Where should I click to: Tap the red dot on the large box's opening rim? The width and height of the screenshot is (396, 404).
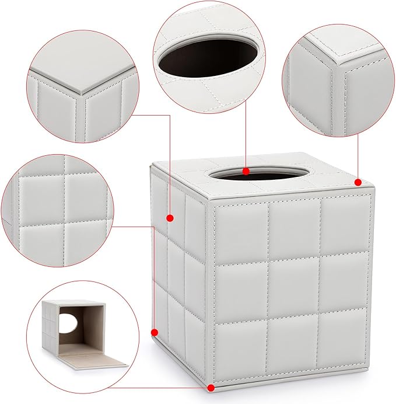pos(246,172)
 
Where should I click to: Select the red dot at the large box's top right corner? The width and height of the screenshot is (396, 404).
pos(358,182)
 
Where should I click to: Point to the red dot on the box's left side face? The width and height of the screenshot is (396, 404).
pos(170,218)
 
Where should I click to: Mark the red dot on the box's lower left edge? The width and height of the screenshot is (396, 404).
pos(155,333)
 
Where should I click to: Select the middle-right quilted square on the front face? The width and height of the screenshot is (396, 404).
pos(345,283)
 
